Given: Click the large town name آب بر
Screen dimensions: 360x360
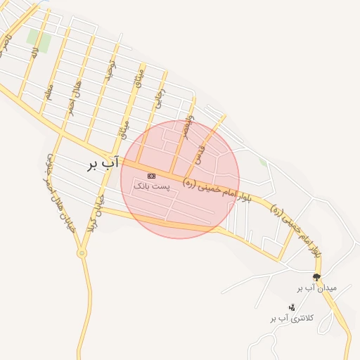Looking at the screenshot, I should [x=98, y=165].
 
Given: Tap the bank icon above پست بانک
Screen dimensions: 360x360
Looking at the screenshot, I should [x=151, y=175].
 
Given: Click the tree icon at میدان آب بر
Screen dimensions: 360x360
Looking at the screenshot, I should [x=316, y=276].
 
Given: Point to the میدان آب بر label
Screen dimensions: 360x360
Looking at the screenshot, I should [x=317, y=288].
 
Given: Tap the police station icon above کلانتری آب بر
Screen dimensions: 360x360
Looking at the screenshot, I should [x=291, y=307].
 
